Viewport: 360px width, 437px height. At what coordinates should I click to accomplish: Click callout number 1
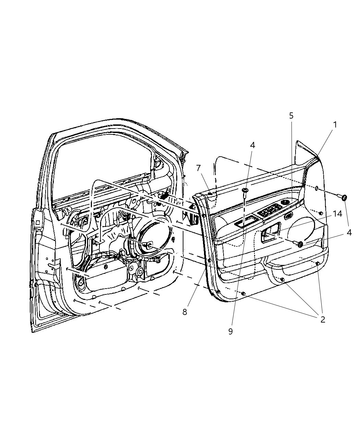coord(335,125)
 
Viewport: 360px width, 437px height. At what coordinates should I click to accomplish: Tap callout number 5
coord(291,116)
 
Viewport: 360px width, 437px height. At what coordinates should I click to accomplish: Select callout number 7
coord(199,168)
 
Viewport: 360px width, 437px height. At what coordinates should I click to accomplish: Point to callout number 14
coord(337,214)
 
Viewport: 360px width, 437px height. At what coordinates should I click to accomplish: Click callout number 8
coord(185,312)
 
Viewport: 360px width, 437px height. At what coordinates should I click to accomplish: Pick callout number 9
coord(230,331)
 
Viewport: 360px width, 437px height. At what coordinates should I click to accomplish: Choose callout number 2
coord(323,319)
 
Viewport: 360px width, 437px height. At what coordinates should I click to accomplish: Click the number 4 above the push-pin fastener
coord(252,145)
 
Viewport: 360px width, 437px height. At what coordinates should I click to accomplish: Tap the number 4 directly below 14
coord(349,232)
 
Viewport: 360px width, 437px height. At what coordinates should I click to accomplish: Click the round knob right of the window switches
coord(284,203)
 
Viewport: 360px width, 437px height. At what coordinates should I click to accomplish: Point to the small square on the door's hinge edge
coord(37,222)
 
